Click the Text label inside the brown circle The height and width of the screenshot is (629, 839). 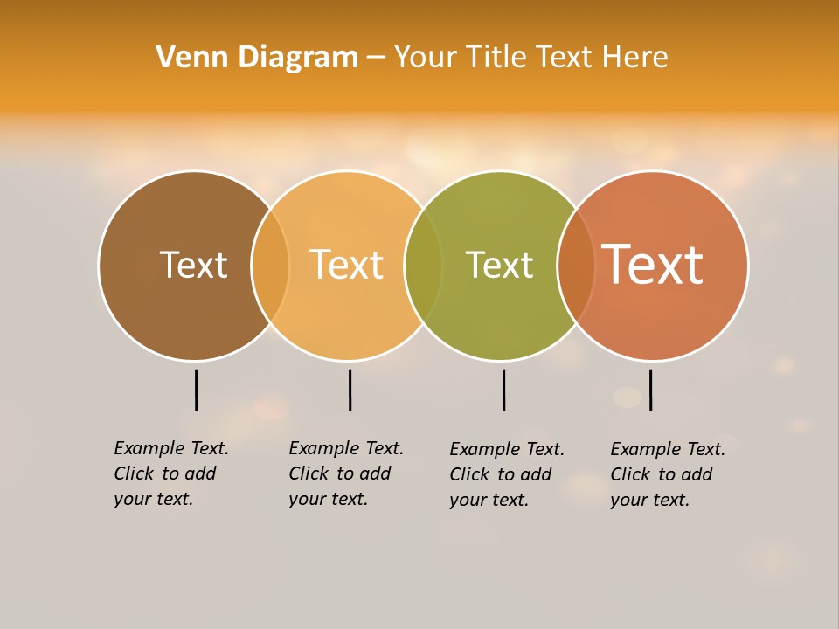193,265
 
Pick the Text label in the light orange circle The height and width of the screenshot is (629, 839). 347,265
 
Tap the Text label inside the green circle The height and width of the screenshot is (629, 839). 499,265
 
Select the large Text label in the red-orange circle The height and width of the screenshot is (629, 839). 653,265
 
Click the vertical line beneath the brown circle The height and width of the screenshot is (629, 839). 196,390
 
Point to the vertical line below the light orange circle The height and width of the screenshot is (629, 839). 350,390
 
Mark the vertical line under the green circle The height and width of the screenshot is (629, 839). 503,390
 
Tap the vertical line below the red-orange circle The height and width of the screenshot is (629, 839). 650,390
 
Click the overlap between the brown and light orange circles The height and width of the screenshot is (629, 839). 271,266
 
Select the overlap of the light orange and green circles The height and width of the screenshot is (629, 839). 424,266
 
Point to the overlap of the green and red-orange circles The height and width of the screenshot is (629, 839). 576,266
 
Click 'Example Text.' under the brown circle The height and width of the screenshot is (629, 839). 171,448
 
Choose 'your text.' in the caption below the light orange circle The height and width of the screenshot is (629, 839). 328,499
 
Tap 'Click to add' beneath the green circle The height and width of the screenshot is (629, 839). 501,474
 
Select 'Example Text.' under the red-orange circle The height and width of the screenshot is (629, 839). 668,449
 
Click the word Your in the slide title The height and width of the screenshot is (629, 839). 426,58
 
